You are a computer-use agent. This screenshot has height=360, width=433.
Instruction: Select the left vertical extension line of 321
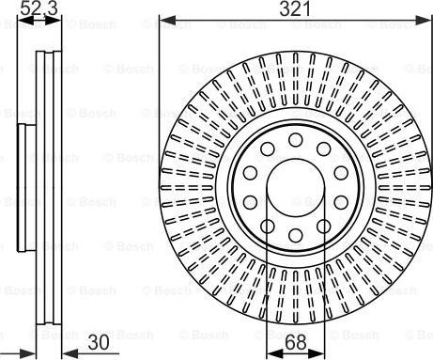160,94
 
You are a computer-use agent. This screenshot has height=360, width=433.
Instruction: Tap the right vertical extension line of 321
430,94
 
